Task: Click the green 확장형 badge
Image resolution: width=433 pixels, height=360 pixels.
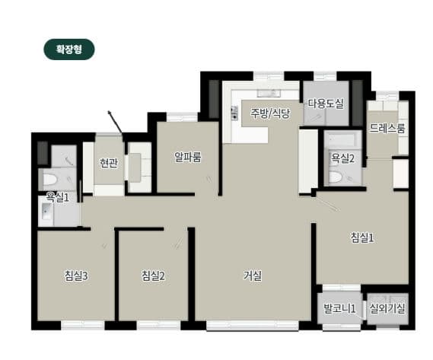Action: click(x=69, y=49)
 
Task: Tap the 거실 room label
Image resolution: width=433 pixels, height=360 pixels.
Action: click(x=253, y=276)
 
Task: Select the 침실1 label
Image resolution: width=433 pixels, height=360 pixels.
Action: click(x=362, y=237)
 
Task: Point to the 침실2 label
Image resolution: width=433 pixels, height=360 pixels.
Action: click(x=153, y=276)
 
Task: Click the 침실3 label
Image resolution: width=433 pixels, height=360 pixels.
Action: click(x=76, y=276)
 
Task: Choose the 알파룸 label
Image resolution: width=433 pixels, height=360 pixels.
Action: click(x=188, y=157)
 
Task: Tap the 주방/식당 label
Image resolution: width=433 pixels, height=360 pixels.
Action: click(x=270, y=113)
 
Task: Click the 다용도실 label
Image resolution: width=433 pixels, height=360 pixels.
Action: click(x=326, y=104)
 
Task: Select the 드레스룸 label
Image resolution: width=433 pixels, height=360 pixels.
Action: click(x=387, y=128)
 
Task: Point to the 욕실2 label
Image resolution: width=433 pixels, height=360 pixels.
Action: click(x=342, y=158)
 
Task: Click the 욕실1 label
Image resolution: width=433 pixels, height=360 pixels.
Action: click(x=57, y=197)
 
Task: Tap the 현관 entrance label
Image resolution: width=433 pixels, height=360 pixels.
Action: click(x=109, y=163)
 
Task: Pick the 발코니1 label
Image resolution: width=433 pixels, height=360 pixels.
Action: click(x=339, y=308)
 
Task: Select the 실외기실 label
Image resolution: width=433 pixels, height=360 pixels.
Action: click(x=387, y=308)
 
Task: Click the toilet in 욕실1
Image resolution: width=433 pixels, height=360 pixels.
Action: click(x=49, y=180)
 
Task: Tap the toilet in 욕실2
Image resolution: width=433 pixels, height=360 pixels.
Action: click(x=335, y=177)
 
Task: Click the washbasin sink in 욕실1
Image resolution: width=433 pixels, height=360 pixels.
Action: click(x=46, y=211)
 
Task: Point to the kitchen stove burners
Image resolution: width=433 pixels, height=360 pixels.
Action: click(x=234, y=113)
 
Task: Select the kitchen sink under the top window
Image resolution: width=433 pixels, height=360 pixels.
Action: click(x=269, y=93)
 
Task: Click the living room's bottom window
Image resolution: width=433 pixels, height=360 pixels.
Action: click(x=253, y=325)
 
